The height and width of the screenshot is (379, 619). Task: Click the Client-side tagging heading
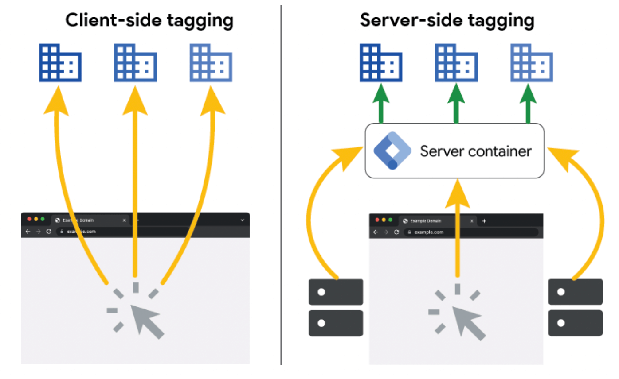tap(149, 20)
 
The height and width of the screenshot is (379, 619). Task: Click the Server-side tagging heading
tap(447, 20)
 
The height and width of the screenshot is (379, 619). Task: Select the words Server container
tap(475, 151)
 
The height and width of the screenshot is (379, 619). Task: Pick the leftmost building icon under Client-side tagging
tap(60, 62)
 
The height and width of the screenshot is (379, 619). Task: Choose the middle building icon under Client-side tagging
tap(135, 62)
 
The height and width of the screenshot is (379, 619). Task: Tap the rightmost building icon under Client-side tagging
tap(211, 62)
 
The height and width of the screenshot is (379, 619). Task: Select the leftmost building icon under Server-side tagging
tap(380, 62)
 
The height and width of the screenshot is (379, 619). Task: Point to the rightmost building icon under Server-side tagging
tap(531, 62)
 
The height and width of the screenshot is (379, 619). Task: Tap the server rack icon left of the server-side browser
tap(336, 307)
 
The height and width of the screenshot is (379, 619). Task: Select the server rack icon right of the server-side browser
tap(575, 307)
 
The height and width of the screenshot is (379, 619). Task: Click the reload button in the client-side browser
tap(49, 232)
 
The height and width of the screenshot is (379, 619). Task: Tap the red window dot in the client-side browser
tap(30, 220)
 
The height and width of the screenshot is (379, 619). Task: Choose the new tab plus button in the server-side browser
tap(484, 220)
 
